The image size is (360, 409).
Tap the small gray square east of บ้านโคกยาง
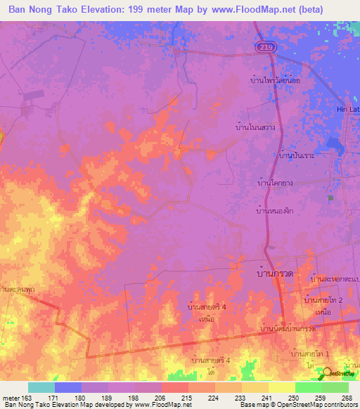coord(330,199)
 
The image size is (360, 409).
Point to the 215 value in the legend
coord(188,397)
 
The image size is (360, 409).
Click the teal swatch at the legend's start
coord(41,387)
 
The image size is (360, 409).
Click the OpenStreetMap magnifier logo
coord(324,373)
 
